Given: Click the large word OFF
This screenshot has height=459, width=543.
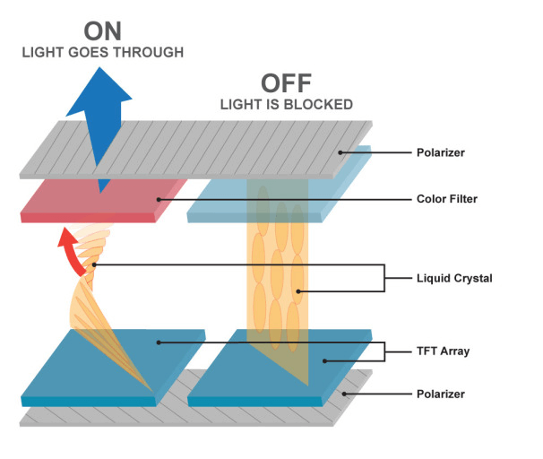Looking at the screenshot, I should pyautogui.click(x=287, y=84).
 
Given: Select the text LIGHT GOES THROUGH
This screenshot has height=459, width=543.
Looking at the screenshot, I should pyautogui.click(x=102, y=53).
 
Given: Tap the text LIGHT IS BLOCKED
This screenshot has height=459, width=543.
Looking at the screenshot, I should pyautogui.click(x=287, y=105).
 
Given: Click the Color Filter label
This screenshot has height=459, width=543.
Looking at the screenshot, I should pyautogui.click(x=448, y=199).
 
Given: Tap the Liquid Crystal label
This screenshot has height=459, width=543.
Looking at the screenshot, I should pyautogui.click(x=454, y=278).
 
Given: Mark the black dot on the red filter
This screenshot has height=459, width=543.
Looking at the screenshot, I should pyautogui.click(x=159, y=199).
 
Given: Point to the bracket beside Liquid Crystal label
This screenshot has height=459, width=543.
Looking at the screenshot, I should pyautogui.click(x=385, y=278).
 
